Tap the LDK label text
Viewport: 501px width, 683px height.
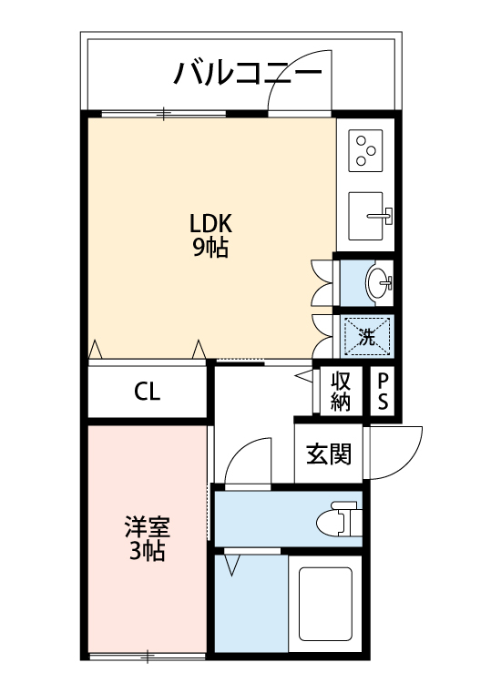pos(211,222)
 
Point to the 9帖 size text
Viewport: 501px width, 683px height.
pos(210,247)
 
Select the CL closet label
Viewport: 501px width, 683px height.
pos(148,392)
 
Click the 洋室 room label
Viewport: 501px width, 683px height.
pos(147,527)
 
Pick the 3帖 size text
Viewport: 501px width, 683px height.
pos(146,551)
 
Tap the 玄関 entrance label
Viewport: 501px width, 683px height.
pos(328,454)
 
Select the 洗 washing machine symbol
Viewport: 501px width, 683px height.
pos(368,335)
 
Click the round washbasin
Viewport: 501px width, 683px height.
pos(377,282)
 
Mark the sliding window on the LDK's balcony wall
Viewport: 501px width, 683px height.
pos(164,113)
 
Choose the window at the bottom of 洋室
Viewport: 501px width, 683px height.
pos(146,655)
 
